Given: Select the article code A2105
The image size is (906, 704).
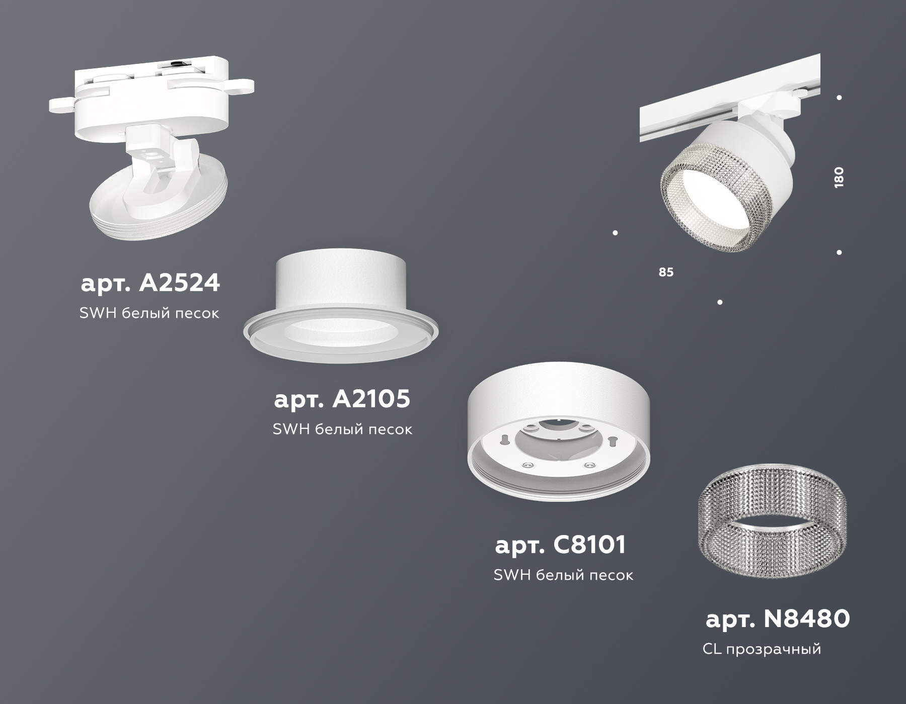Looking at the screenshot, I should click(x=342, y=399).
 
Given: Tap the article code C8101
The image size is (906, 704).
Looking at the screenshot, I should click(x=561, y=545).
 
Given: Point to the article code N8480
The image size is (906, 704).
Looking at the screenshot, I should click(x=778, y=619).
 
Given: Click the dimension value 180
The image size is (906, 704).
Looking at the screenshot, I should click(x=839, y=177).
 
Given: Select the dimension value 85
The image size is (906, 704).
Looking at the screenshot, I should click(x=665, y=272).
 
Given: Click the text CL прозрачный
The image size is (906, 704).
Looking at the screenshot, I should click(x=762, y=649).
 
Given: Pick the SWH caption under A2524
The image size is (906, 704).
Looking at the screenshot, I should click(x=149, y=313).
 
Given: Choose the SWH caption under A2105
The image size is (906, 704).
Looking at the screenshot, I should click(x=342, y=429).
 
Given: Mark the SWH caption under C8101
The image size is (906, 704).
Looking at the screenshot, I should click(x=563, y=575).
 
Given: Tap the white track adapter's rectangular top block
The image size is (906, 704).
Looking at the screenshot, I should click(x=151, y=75).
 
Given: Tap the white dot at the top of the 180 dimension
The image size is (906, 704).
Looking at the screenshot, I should click(x=839, y=98).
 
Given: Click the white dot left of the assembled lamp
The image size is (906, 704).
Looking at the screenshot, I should click(x=615, y=233).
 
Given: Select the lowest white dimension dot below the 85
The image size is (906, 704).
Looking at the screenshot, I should click(x=720, y=302).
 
